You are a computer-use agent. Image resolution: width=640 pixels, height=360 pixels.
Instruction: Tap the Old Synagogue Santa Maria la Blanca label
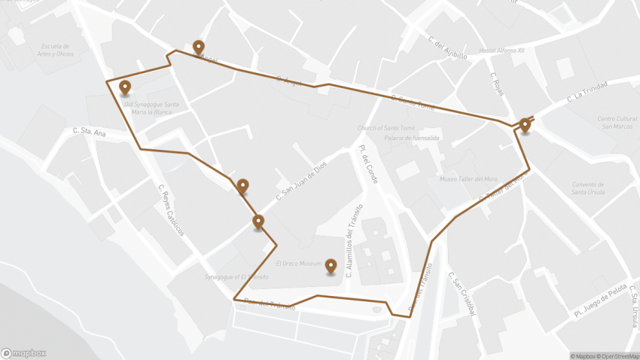click(151, 108)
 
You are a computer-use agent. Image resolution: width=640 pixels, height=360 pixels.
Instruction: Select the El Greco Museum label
click(298, 264)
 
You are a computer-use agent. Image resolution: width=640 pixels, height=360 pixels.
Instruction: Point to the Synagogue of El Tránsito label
click(236, 277)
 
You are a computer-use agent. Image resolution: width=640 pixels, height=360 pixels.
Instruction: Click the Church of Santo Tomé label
click(386, 128)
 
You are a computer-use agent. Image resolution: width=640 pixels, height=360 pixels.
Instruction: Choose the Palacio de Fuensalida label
click(411, 138)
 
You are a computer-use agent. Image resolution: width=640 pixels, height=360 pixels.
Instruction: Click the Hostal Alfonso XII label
click(502, 50)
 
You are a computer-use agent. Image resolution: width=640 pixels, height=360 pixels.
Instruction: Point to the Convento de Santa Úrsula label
click(589, 188)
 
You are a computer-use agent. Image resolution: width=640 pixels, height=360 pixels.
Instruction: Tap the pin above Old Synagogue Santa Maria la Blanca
click(125, 87)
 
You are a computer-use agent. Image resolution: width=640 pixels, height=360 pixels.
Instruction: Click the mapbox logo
click(23, 353)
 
